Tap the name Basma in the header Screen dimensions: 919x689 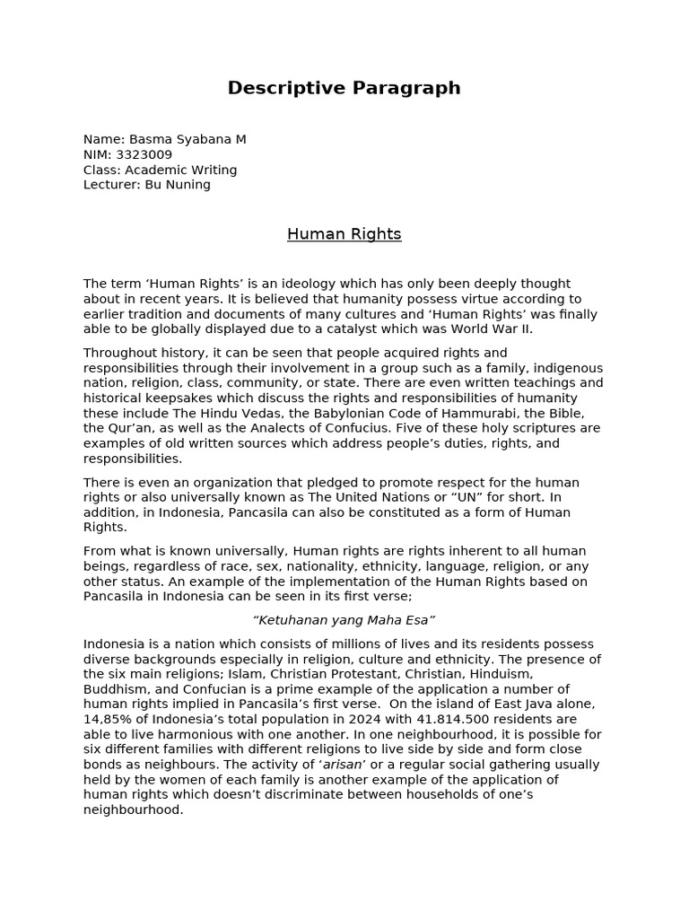click(x=148, y=139)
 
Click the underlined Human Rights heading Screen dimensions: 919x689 click(x=344, y=234)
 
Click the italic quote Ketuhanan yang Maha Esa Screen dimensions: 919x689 click(x=344, y=620)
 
